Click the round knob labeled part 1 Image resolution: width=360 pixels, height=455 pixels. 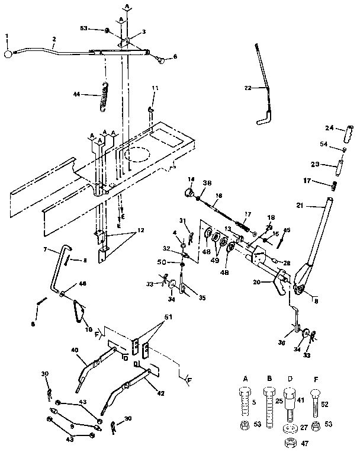pyautogui.click(x=8, y=55)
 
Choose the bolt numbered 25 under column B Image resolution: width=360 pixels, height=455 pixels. pyautogui.click(x=269, y=402)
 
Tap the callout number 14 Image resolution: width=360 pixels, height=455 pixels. pyautogui.click(x=191, y=179)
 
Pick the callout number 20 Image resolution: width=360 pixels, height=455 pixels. pyautogui.click(x=256, y=282)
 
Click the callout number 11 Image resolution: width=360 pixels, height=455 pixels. pyautogui.click(x=155, y=88)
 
